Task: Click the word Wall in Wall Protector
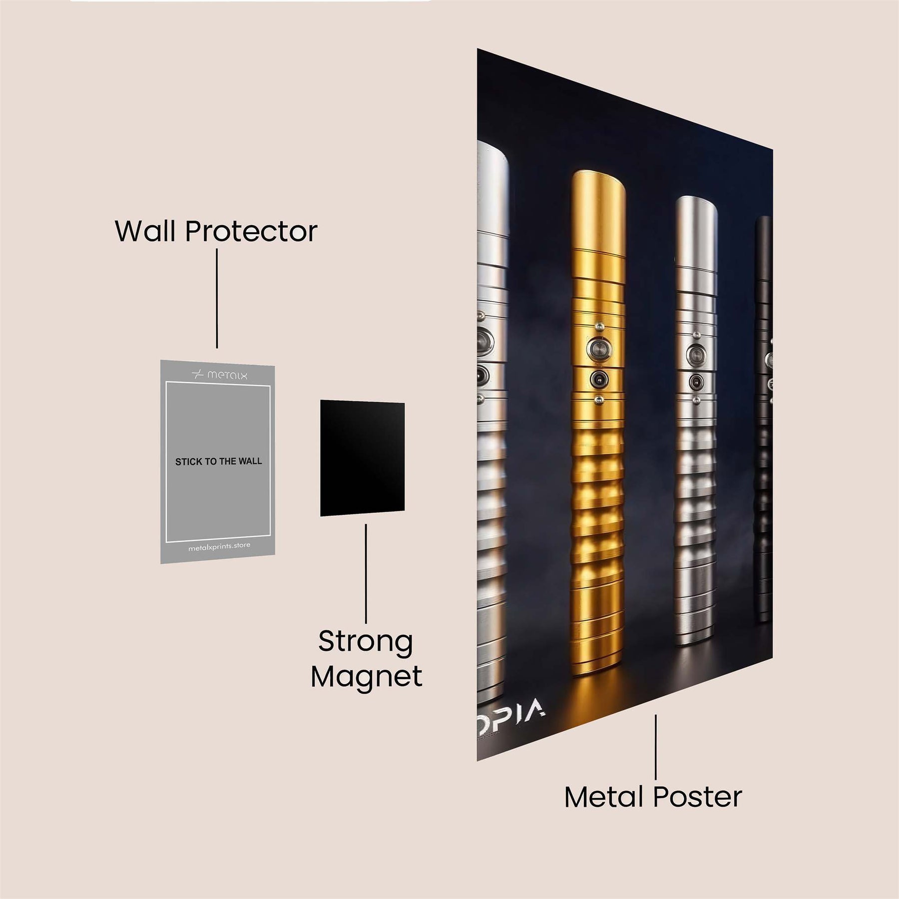click(147, 231)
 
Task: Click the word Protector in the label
click(251, 231)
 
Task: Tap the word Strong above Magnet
click(366, 642)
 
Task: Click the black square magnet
click(362, 458)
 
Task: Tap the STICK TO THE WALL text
click(218, 461)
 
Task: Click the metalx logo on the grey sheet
click(220, 375)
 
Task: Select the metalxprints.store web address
click(219, 547)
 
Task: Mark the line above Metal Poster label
click(656, 746)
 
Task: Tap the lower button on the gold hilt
click(597, 379)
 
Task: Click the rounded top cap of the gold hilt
click(598, 185)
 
